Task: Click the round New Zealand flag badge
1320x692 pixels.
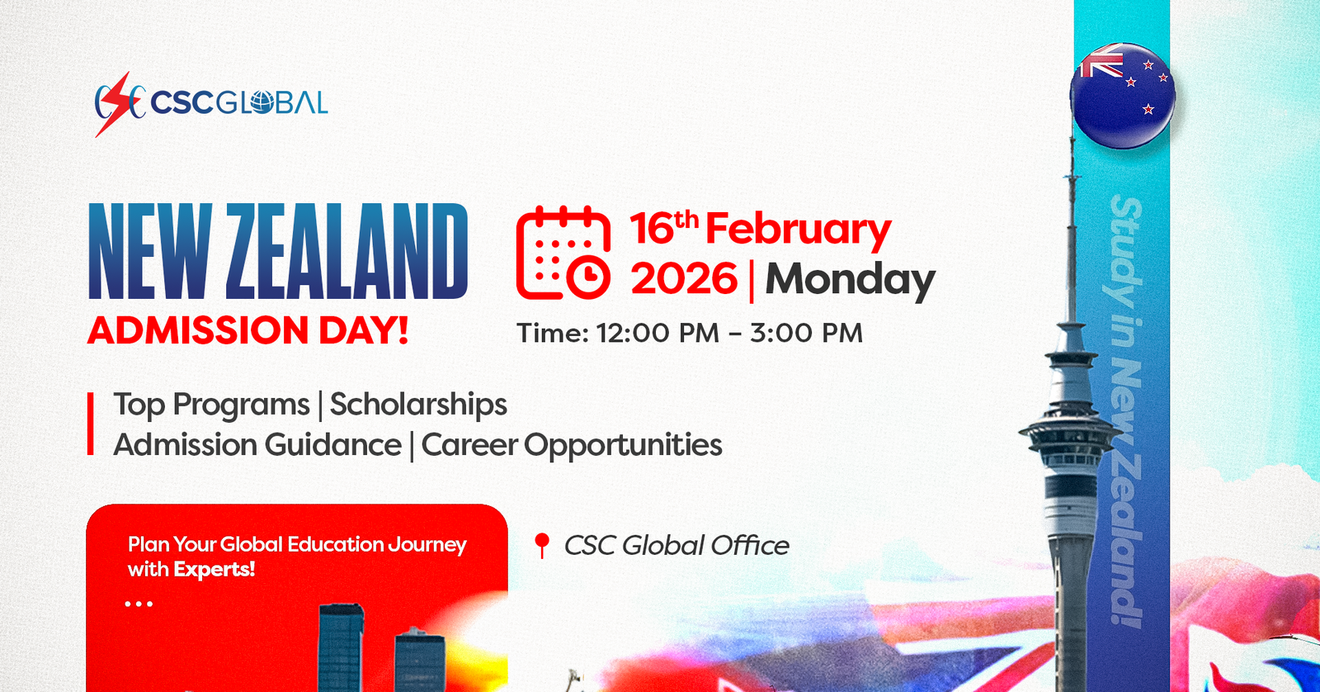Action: tap(1123, 95)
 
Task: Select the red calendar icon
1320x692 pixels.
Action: tap(563, 253)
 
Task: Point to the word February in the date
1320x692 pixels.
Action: tap(798, 230)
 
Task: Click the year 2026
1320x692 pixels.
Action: tap(684, 278)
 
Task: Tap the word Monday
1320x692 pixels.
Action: tap(850, 280)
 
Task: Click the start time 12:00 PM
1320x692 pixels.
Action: tap(658, 334)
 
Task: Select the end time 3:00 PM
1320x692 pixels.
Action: tap(806, 334)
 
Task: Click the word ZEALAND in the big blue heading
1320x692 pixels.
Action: tap(346, 251)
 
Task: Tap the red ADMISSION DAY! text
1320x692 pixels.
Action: tap(247, 330)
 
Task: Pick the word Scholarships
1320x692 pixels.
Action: tap(418, 405)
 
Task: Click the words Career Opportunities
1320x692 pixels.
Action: tap(572, 445)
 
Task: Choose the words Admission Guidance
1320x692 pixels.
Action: tap(257, 445)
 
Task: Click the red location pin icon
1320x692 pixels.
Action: tap(541, 546)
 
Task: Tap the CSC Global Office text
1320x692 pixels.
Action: tap(676, 546)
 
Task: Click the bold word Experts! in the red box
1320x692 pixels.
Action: tap(214, 570)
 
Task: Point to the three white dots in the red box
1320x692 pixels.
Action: tap(139, 604)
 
